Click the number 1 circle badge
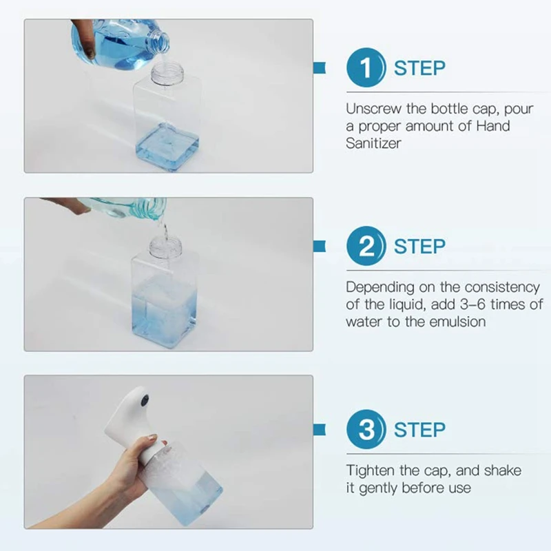(x=366, y=67)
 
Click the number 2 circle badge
(x=366, y=246)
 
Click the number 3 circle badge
(x=366, y=429)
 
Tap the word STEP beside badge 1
(x=419, y=68)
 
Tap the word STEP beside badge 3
(x=419, y=430)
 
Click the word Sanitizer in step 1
(x=373, y=143)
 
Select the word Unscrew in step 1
(x=373, y=109)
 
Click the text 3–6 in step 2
(x=472, y=304)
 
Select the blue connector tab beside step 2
(x=320, y=246)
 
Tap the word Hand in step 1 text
(x=492, y=126)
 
